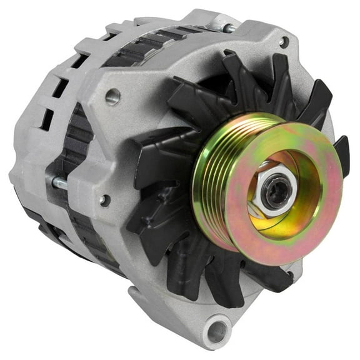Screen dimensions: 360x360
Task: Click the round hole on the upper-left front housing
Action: pyautogui.click(x=112, y=96)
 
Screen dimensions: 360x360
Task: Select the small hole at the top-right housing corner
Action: pyautogui.click(x=284, y=42)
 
